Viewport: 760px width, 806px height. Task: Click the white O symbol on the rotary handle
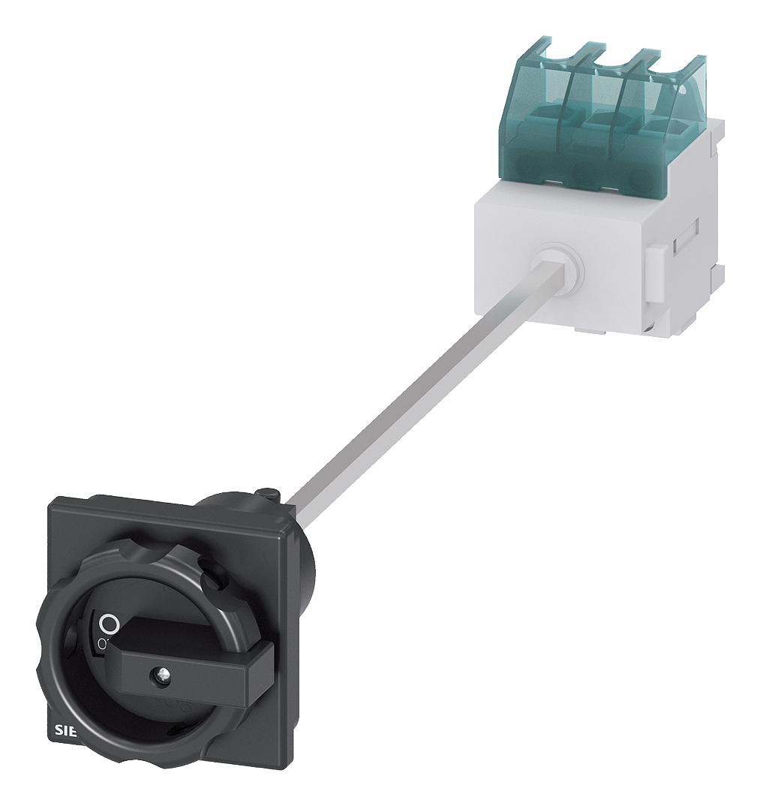click(x=110, y=623)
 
